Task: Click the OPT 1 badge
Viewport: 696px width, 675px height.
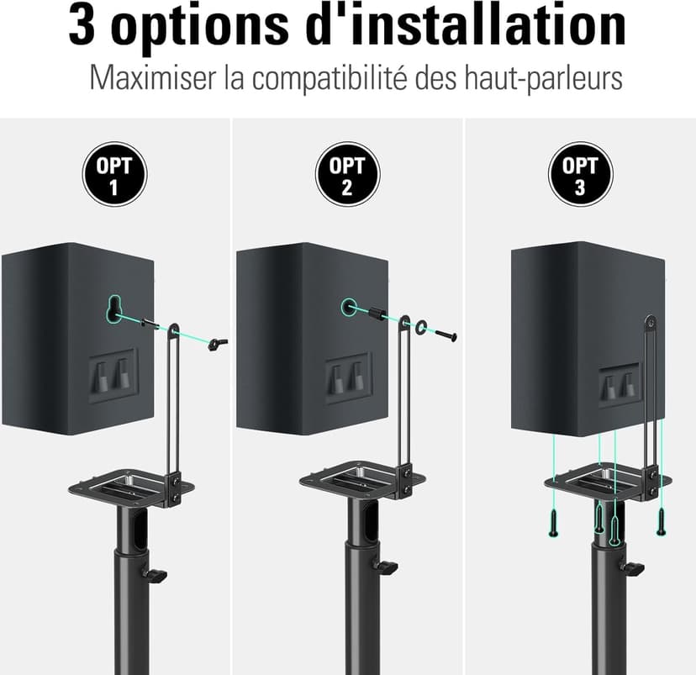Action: pos(114,175)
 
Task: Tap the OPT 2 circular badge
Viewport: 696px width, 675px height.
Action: pos(347,175)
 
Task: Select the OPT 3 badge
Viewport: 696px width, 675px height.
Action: pos(579,175)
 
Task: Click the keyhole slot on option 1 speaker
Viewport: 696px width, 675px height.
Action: pos(115,308)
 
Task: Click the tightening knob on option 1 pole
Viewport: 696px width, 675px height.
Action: pos(156,575)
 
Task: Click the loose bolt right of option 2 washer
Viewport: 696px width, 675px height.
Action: pos(446,335)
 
